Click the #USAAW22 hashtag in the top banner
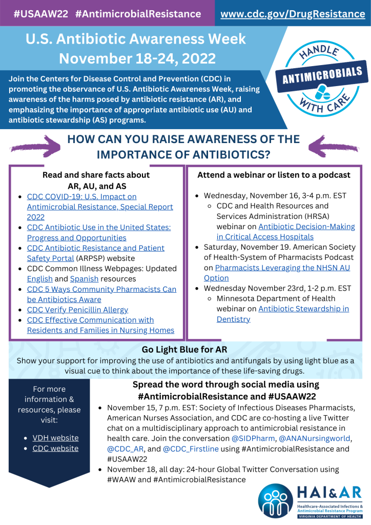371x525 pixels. coord(40,14)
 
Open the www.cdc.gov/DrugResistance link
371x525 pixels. coord(293,14)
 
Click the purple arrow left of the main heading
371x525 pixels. coord(35,146)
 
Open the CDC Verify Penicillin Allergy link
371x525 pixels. coord(77,310)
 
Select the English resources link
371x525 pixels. coord(40,279)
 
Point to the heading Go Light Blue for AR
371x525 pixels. coord(185,350)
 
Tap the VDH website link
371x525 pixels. coord(55,438)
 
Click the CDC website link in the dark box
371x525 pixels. coord(55,448)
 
